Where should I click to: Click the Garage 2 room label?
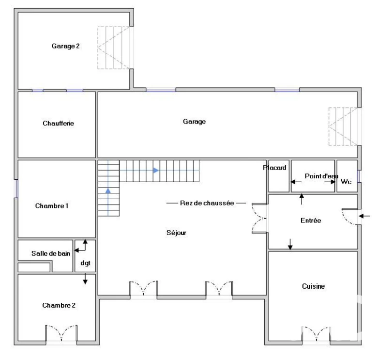65,46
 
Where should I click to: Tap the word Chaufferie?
59,123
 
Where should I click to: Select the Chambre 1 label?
52,206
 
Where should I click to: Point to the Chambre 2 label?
59,305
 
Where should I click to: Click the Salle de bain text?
51,253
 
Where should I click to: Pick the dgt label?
85,263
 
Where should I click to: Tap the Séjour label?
177,233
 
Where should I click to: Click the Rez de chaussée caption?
207,203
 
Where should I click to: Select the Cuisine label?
314,286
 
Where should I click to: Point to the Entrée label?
311,220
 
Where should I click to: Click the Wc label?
346,182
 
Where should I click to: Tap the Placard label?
274,168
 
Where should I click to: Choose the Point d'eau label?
321,176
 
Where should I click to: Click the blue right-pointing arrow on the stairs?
156,171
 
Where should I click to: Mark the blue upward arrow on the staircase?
108,190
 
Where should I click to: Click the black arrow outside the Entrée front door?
364,216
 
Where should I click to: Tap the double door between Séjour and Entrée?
259,219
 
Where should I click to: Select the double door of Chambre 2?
61,333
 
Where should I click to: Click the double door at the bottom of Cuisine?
316,334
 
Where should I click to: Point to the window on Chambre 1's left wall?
16,188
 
